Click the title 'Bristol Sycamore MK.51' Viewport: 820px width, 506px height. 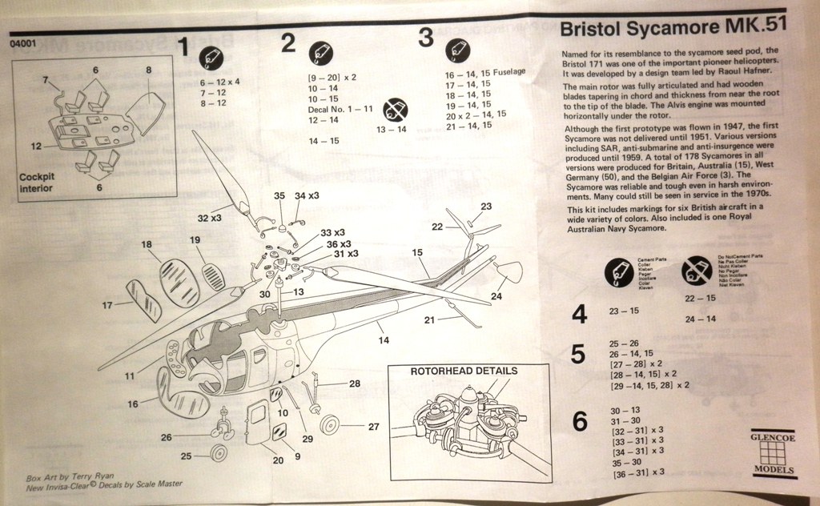673,28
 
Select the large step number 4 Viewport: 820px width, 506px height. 580,313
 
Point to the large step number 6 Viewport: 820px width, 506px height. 580,422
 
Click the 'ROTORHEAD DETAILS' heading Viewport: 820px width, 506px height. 464,371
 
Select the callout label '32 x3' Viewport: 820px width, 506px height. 210,218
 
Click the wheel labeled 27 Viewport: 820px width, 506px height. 329,424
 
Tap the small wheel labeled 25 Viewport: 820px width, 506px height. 217,452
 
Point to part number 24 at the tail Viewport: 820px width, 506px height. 496,296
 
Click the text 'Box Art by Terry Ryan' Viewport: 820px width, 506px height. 70,475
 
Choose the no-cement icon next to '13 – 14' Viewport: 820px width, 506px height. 395,110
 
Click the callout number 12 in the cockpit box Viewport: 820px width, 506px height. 37,146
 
